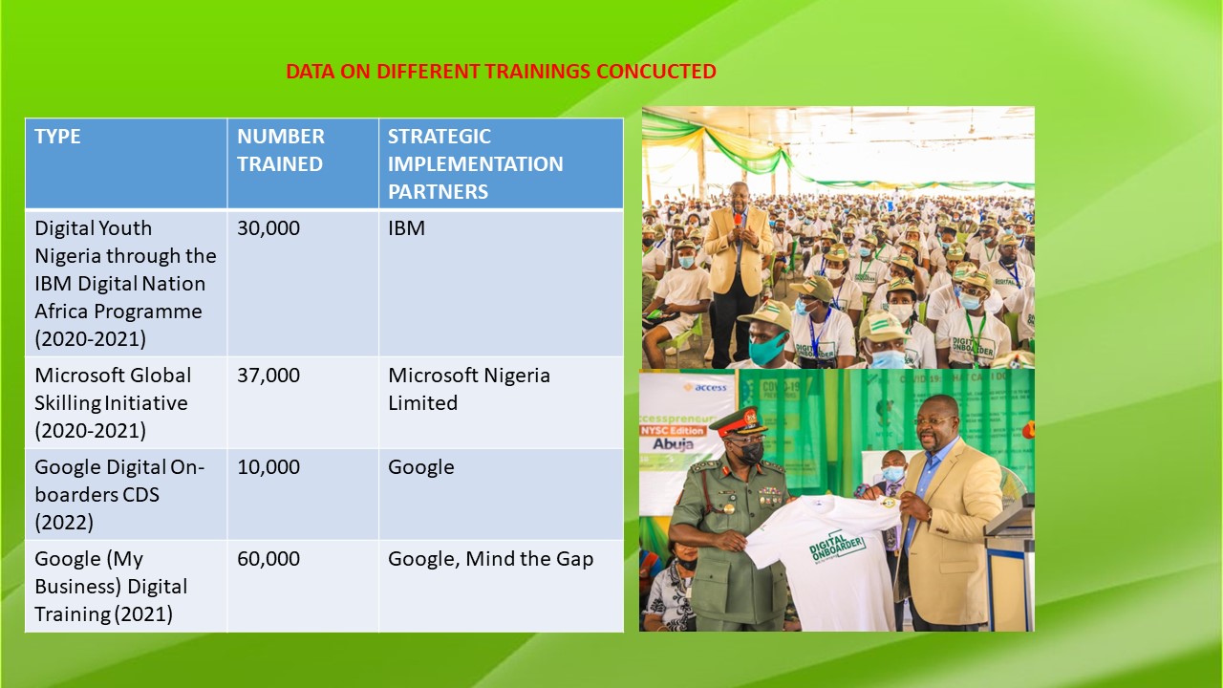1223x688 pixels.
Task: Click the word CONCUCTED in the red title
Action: [655, 72]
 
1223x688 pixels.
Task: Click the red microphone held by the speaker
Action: [739, 220]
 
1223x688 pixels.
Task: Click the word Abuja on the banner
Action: [673, 444]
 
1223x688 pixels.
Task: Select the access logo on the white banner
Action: [705, 387]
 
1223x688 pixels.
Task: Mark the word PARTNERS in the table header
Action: [438, 192]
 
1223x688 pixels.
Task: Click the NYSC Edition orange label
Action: [673, 430]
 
